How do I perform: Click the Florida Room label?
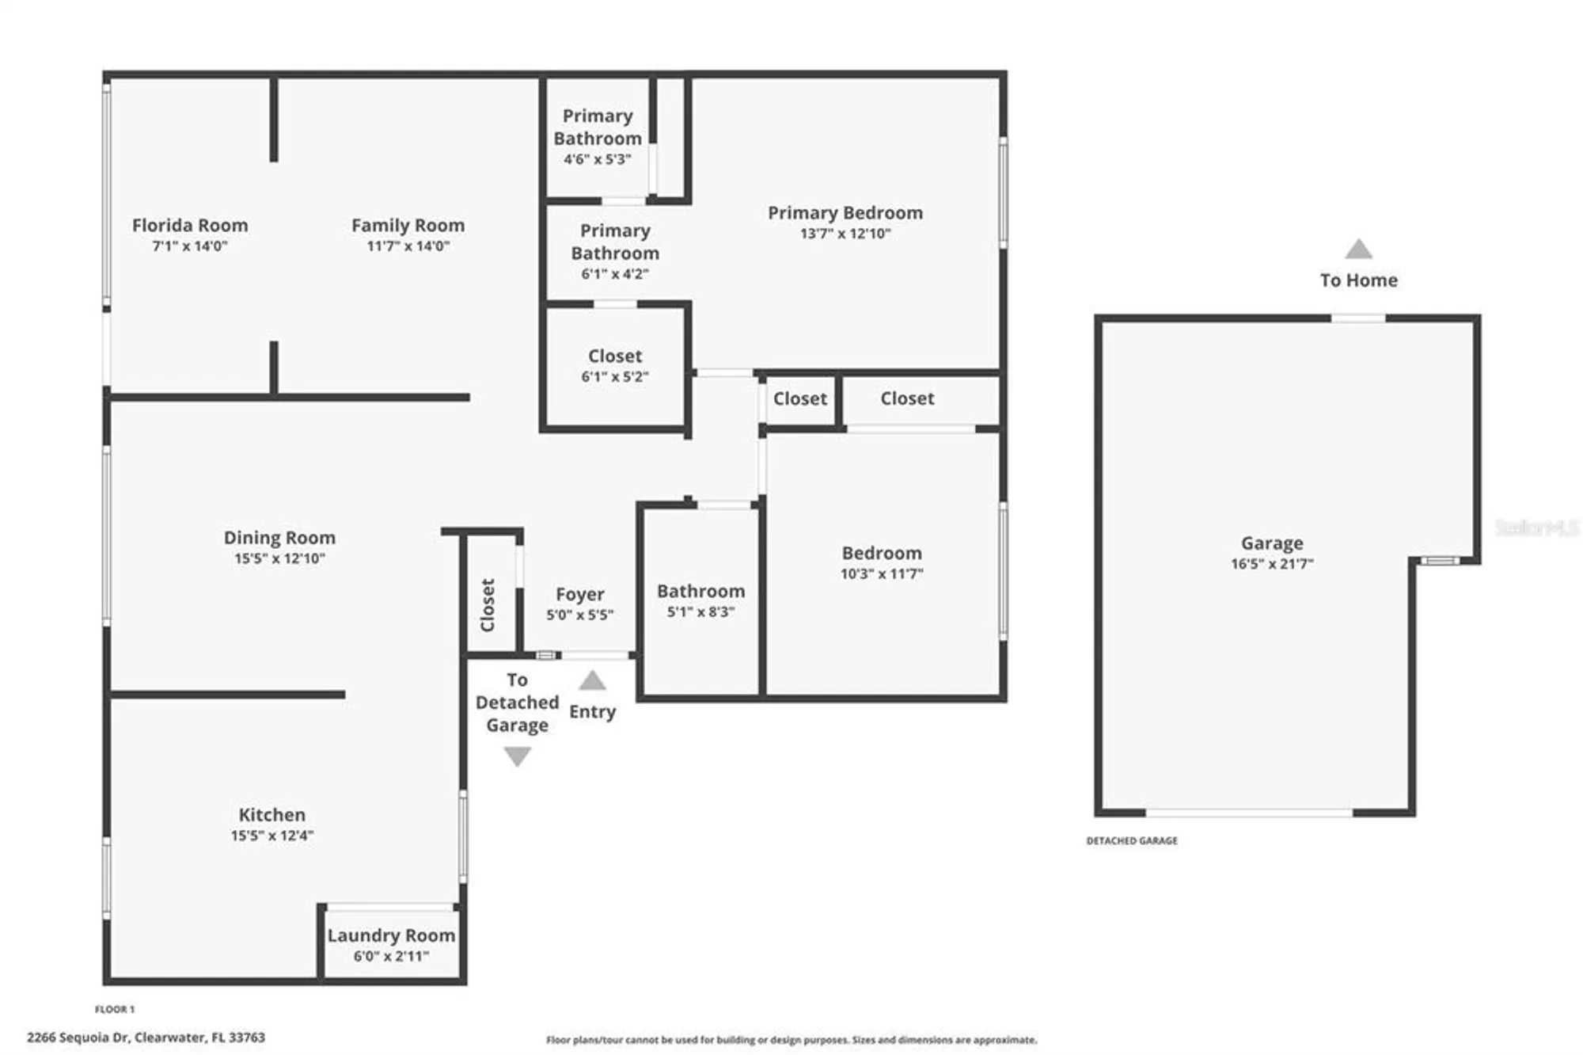190,226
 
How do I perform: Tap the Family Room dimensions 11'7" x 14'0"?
408,246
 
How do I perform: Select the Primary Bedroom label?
845,213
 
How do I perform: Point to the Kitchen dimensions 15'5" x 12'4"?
272,836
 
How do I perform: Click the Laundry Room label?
391,935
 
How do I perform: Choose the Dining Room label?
279,538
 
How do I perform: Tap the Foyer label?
579,594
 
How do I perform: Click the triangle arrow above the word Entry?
592,680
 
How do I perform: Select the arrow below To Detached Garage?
517,757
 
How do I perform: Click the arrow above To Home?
1358,249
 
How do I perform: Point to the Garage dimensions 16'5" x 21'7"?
1271,564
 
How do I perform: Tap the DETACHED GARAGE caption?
1131,840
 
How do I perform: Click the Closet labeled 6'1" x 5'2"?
614,356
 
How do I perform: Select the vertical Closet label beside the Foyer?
488,604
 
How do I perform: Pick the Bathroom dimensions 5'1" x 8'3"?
700,612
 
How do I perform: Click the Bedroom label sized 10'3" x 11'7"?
881,553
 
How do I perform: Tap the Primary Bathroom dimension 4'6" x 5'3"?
597,159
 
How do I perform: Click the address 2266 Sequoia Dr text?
146,1037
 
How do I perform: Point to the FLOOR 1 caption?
115,1009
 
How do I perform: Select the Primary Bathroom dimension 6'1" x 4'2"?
614,274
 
